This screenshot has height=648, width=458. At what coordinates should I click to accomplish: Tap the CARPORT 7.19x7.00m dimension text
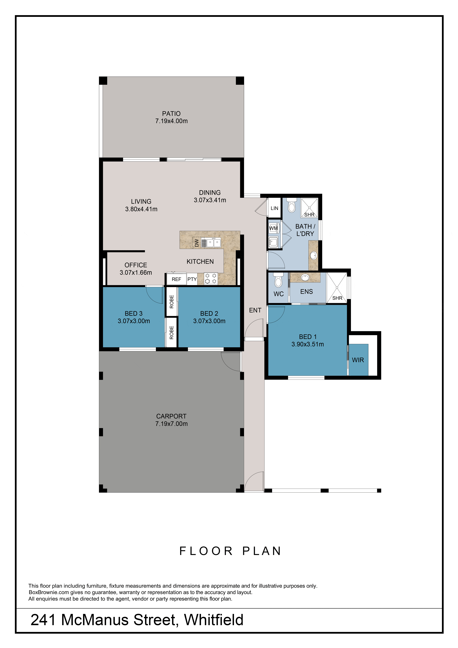click(x=171, y=424)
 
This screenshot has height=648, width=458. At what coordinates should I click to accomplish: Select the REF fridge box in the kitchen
click(x=176, y=279)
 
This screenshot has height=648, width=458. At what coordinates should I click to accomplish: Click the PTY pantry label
click(x=192, y=279)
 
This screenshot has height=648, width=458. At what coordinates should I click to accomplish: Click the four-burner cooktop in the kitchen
click(x=211, y=278)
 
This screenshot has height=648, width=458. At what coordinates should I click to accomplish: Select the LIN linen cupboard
click(x=274, y=208)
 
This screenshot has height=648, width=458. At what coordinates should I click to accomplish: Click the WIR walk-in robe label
click(x=358, y=360)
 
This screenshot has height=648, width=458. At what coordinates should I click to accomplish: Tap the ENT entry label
click(x=255, y=310)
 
